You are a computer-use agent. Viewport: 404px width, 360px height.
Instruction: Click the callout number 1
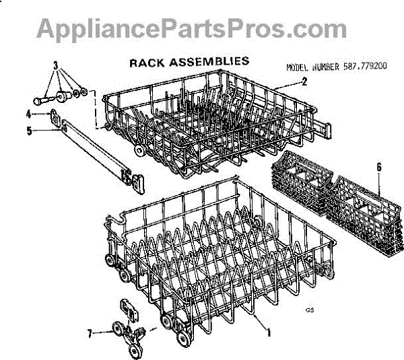point(269,332)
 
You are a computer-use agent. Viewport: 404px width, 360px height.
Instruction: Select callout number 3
point(57,67)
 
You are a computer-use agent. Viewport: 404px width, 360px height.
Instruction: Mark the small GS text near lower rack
point(310,310)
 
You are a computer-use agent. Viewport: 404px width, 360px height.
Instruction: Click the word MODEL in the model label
point(298,68)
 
